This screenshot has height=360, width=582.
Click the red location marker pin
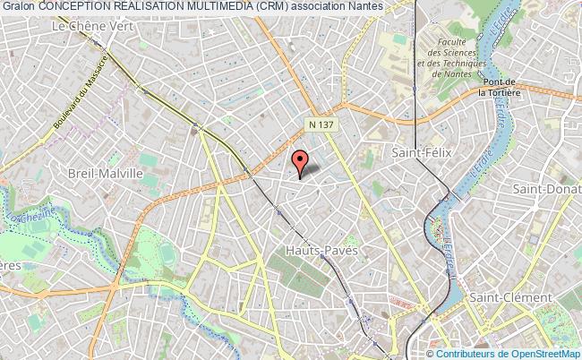tap(300, 160)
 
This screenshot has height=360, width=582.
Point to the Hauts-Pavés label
tap(321, 250)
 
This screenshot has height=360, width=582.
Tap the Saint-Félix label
tap(419, 153)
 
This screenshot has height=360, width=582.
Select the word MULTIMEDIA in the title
tap(206, 6)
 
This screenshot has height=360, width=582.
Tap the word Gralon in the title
tap(18, 6)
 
